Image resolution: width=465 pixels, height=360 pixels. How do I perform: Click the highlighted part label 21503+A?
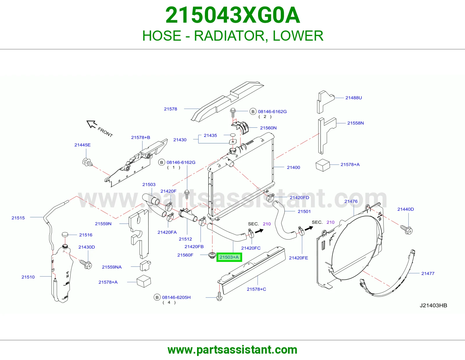(229, 257)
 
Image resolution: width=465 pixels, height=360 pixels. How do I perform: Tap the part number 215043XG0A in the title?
(233, 15)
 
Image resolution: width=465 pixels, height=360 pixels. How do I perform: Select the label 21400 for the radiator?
(293, 168)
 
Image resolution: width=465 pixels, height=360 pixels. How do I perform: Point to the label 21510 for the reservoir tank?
(28, 277)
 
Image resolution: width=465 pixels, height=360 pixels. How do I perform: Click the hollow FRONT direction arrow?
(92, 124)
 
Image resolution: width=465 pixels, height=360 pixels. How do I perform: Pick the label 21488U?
(353, 98)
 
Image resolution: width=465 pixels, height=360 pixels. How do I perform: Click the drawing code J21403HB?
(433, 305)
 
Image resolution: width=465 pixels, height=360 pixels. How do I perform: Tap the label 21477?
(428, 273)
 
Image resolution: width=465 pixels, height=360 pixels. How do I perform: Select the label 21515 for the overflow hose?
(18, 218)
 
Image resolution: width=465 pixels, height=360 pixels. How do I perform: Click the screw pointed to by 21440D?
(406, 229)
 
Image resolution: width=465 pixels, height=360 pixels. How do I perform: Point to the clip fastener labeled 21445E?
(87, 162)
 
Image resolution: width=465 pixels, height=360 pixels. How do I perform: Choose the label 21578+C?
(256, 289)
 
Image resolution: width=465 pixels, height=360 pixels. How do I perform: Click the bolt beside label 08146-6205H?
(219, 296)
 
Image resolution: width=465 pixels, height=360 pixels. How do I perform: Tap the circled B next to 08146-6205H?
(157, 297)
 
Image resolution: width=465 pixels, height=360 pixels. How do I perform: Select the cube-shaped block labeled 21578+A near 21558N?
(323, 165)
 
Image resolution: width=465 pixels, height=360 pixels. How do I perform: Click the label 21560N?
(268, 128)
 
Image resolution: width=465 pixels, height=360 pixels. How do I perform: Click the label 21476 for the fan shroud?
(351, 201)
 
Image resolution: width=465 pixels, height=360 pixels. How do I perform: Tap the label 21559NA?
(112, 267)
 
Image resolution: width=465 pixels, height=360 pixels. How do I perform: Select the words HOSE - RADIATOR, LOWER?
(233, 36)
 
